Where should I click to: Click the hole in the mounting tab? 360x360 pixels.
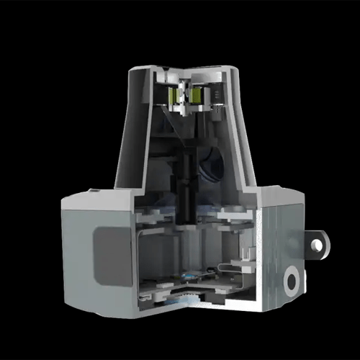point(317,245)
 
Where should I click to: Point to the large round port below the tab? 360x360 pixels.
point(292,281)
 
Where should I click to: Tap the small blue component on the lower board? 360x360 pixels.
point(188,275)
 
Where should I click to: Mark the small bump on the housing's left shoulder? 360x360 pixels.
point(93,191)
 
